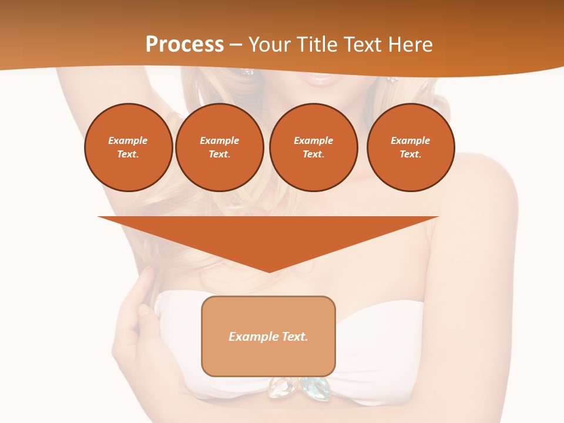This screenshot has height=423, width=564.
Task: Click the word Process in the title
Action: (x=184, y=45)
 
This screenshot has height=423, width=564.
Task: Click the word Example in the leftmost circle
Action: (x=128, y=140)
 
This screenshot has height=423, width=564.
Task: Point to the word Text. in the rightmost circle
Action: (x=410, y=154)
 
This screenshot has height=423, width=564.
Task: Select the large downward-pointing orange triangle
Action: (x=268, y=235)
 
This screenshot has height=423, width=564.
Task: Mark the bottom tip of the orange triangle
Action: (x=268, y=271)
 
